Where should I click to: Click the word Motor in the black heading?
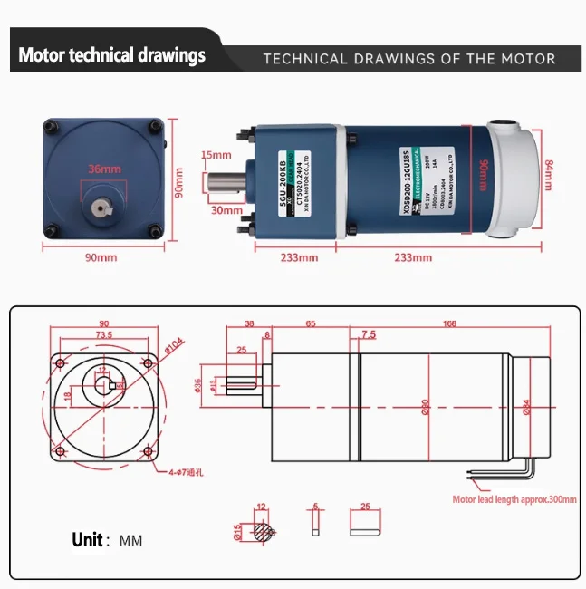42,55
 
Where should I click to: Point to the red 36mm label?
104,169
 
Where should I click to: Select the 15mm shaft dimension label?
216,155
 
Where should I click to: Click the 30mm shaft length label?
220,210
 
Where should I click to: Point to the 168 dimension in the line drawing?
450,323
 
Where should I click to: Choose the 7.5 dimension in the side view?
368,334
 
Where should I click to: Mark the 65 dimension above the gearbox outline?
311,323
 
